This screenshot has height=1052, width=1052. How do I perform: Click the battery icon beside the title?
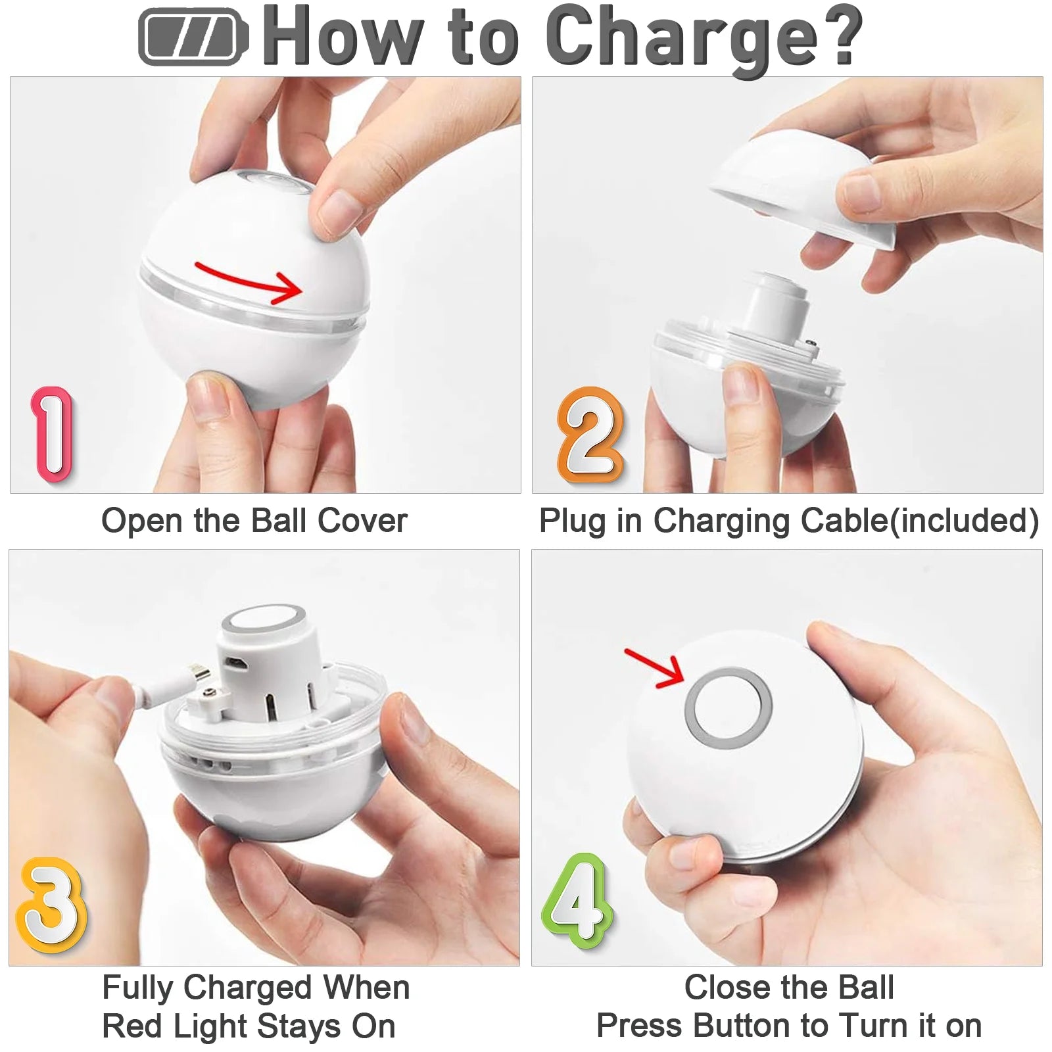tap(192, 37)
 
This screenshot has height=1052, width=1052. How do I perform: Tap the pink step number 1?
tap(53, 434)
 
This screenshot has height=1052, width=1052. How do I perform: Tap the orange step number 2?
tap(590, 435)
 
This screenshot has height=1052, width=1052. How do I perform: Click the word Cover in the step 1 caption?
tap(362, 521)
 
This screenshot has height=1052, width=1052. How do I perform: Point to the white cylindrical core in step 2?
tap(777, 309)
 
